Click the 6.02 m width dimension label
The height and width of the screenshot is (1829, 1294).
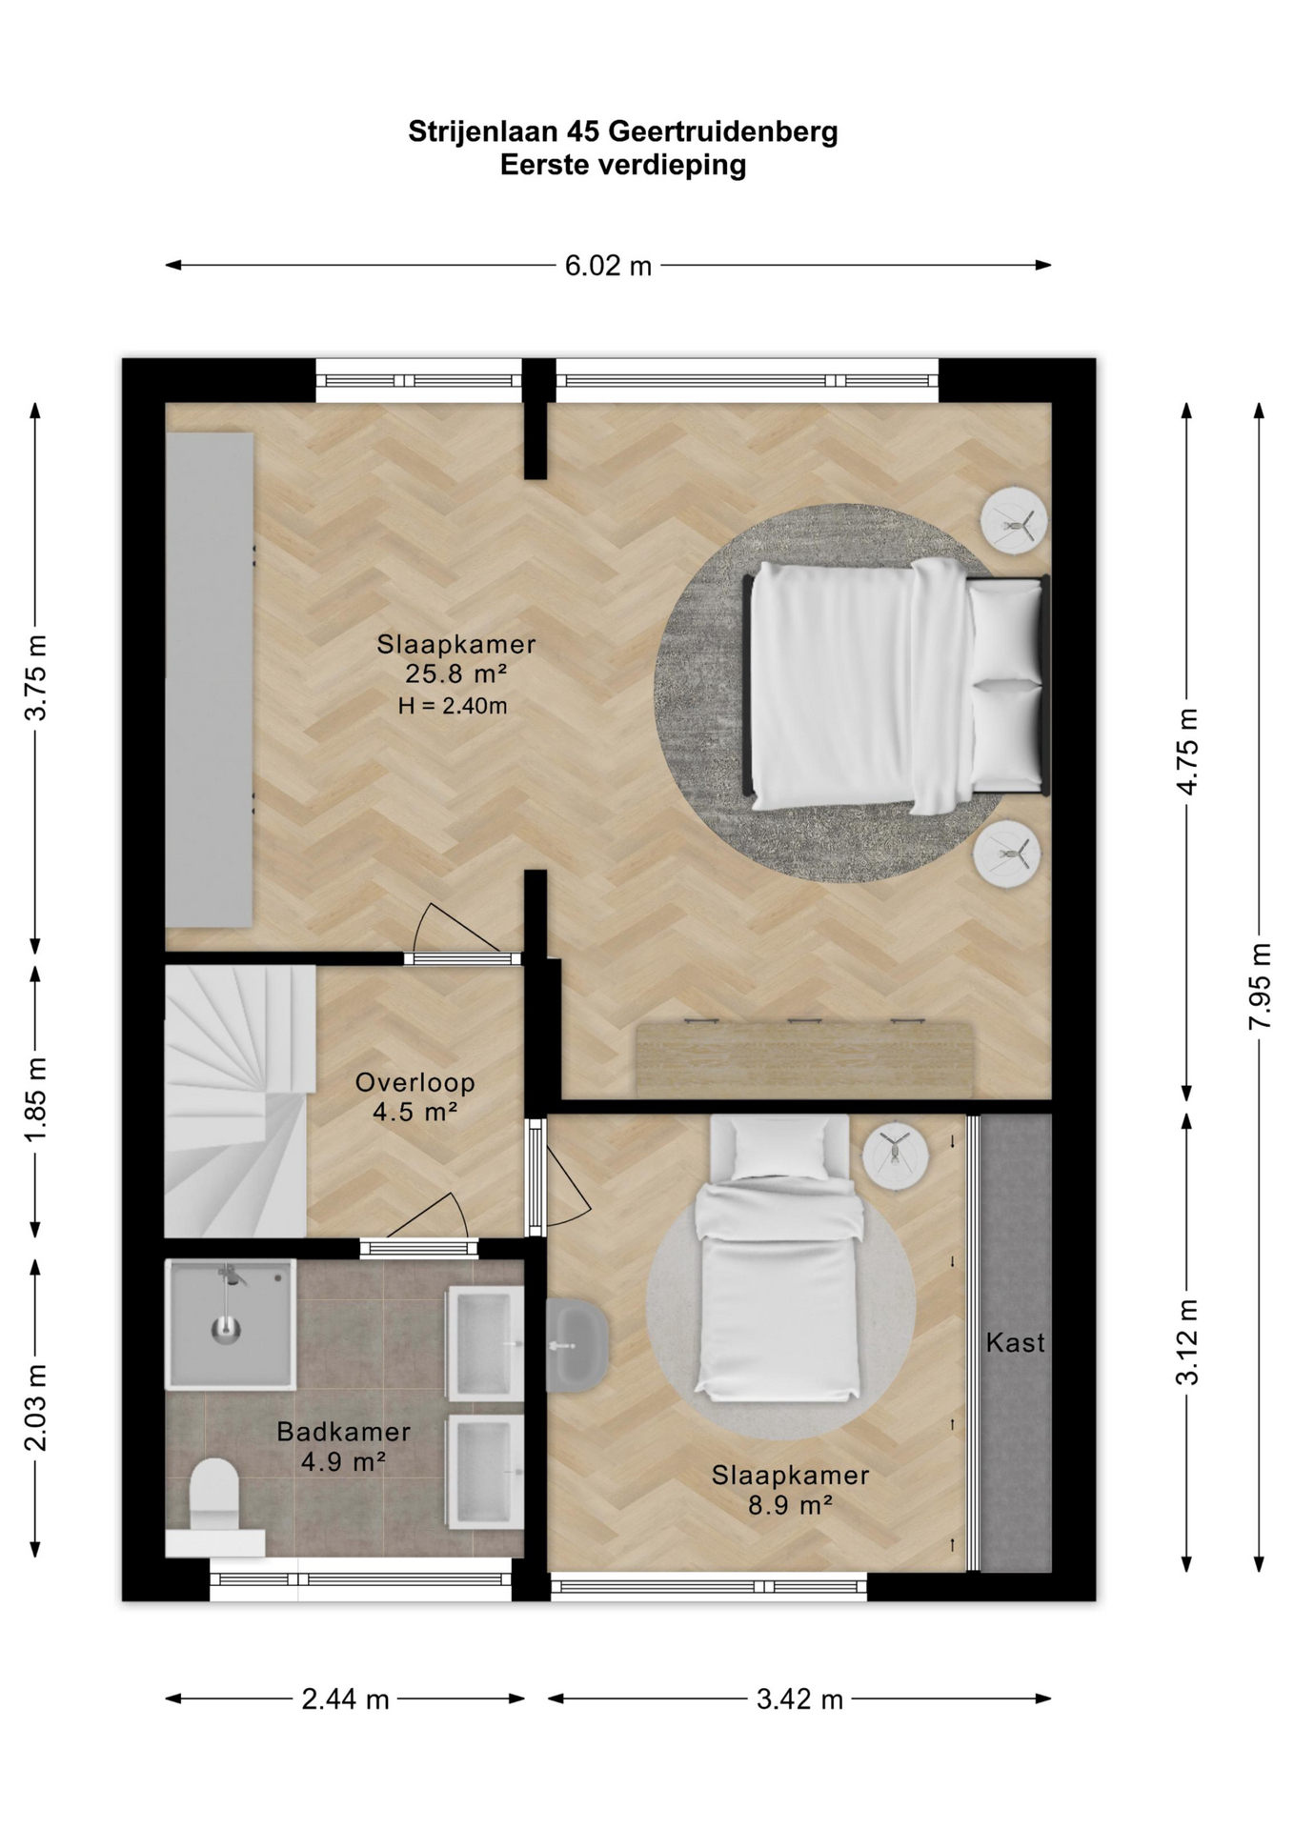[608, 266]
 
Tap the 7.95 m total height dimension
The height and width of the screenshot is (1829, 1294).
[1260, 986]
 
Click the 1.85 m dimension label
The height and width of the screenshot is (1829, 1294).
[35, 1100]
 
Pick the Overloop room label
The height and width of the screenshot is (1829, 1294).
[414, 1082]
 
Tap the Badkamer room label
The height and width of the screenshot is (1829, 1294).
[343, 1431]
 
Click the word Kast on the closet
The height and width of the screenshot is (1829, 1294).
[1015, 1342]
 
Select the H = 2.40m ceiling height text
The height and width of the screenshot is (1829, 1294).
[452, 706]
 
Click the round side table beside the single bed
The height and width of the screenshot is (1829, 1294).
[895, 1155]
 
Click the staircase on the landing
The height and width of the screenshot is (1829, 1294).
[238, 1101]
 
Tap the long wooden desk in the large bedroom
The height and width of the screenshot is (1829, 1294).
[804, 1058]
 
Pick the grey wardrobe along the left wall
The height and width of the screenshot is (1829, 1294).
[210, 680]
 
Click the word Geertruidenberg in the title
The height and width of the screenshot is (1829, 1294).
[722, 131]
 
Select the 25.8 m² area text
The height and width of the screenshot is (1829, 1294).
[455, 673]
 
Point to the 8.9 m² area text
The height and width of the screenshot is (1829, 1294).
[790, 1505]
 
